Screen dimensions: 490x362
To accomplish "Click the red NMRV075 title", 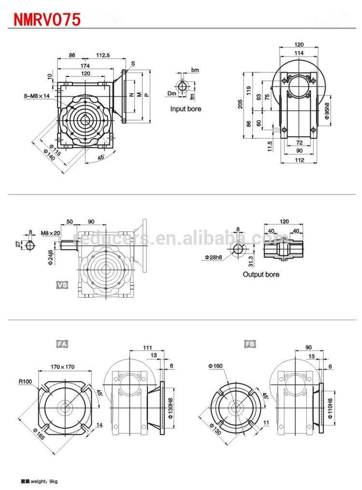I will [x=46, y=19].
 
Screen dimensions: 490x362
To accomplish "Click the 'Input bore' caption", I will [x=185, y=109].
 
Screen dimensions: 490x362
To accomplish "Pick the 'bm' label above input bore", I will [x=195, y=70].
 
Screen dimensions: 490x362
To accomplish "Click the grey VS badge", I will [x=62, y=285].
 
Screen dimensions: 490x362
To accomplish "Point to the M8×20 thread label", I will [x=51, y=233].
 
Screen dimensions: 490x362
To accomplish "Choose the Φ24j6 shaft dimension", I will [x=51, y=255].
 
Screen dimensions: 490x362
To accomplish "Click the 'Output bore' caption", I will [x=261, y=275].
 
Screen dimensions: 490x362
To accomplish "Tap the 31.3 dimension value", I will [x=251, y=261].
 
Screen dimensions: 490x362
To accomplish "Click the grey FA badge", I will [x=62, y=344].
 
